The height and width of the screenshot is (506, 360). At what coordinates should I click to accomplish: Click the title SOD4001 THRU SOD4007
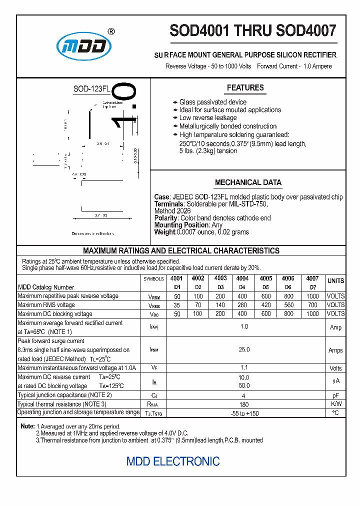tap(253, 31)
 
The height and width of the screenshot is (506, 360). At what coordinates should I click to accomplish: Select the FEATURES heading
tap(245, 88)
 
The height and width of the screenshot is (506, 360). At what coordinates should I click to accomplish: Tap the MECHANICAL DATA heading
tap(248, 182)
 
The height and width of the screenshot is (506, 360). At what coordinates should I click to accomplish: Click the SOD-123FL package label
tap(91, 89)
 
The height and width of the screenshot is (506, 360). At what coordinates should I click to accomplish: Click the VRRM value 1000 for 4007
tap(312, 296)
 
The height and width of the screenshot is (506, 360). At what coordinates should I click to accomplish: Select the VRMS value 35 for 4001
tap(176, 305)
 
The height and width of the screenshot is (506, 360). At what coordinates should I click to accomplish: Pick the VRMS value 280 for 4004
tap(242, 305)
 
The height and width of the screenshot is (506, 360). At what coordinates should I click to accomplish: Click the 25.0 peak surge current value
tap(244, 350)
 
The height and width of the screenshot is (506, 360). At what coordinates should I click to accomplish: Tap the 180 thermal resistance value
tap(244, 404)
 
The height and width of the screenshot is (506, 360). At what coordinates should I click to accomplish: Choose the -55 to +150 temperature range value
tap(244, 413)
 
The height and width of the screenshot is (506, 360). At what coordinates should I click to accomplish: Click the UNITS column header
tap(335, 281)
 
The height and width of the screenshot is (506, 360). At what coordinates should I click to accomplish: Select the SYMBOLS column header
tap(153, 279)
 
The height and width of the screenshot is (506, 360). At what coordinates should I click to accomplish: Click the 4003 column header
tap(220, 278)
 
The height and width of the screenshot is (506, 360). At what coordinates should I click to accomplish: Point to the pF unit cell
tap(335, 395)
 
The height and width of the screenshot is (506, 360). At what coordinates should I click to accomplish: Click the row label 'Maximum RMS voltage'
tap(46, 305)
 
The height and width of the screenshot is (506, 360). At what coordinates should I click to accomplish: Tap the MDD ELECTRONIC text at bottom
tap(173, 461)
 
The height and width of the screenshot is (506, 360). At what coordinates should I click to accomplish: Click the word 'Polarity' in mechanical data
tap(165, 218)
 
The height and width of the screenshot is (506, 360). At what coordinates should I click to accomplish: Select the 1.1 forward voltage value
tap(244, 368)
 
